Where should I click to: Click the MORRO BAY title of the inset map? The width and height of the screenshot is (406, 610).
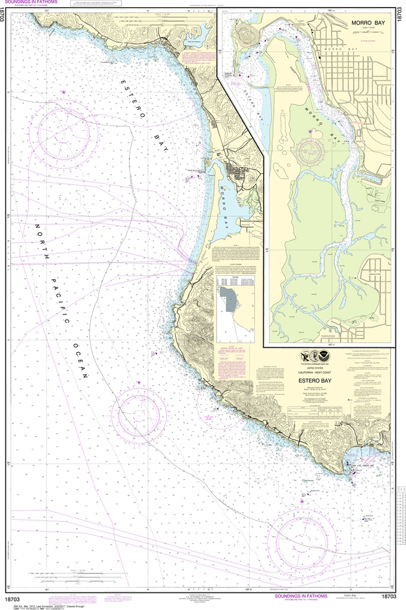click(x=368, y=23)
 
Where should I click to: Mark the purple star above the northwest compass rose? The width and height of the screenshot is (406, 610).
click(x=64, y=92)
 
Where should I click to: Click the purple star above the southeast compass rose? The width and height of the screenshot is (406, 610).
click(x=301, y=501)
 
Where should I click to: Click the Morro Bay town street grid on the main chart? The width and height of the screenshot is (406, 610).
click(x=241, y=175)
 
